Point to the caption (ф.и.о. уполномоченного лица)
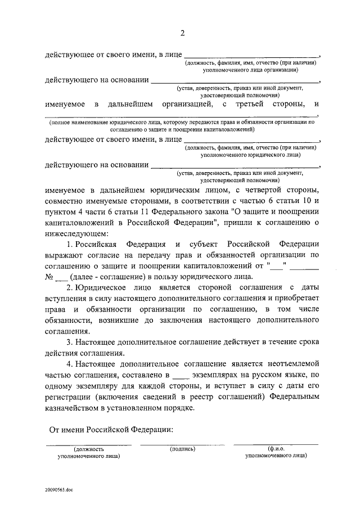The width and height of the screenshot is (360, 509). click(276, 453)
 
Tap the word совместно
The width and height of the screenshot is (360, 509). click(65, 201)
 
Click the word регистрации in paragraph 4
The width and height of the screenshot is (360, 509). click(71, 397)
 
